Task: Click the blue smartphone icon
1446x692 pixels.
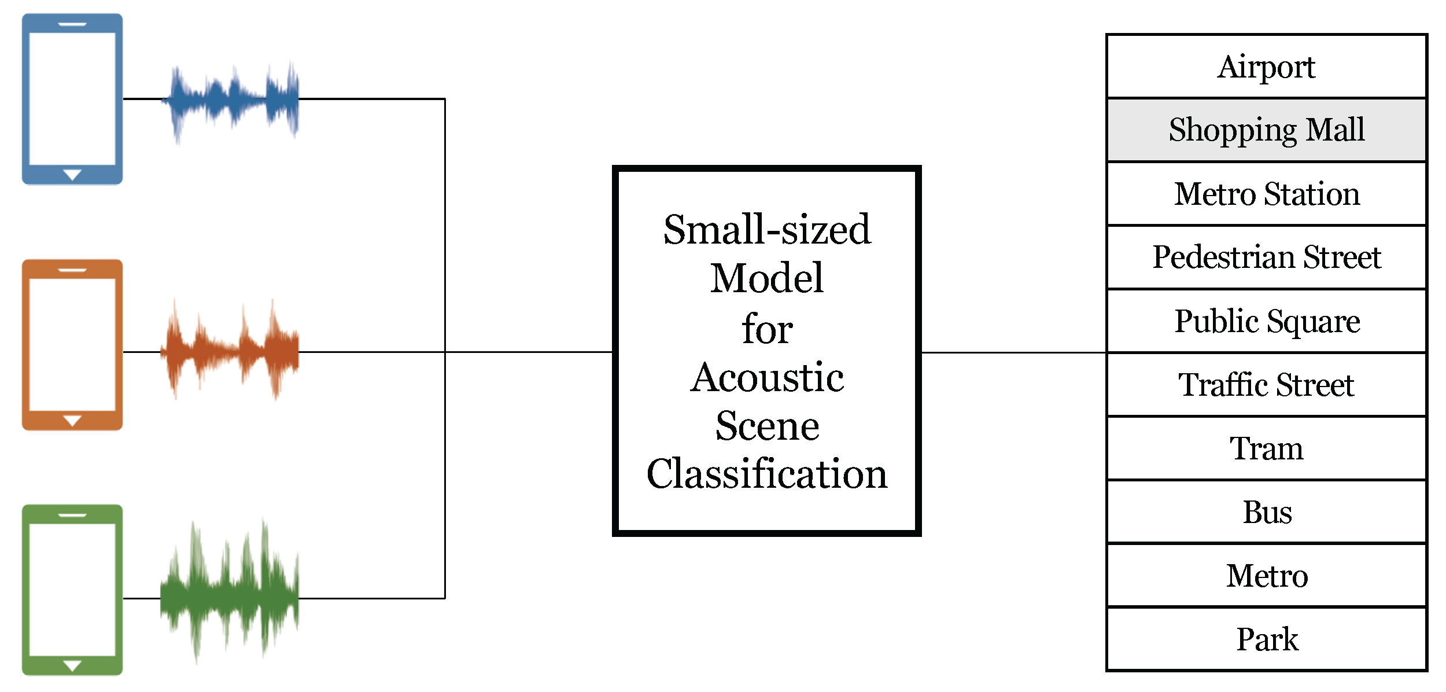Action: (72, 99)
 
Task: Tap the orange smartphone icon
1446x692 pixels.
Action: (72, 345)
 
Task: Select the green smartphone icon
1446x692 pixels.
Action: (72, 590)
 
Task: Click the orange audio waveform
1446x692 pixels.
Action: (231, 351)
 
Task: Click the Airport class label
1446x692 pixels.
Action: (1266, 67)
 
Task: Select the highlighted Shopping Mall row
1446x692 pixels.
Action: (1266, 130)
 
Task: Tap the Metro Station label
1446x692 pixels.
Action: (1266, 194)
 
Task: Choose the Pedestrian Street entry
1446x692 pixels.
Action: (1266, 257)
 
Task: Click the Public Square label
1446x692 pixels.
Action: (1266, 321)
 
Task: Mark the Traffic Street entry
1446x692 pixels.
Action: (1266, 385)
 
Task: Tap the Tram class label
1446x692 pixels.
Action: (1266, 448)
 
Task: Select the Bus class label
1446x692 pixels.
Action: (1266, 512)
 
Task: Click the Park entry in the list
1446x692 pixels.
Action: (1266, 639)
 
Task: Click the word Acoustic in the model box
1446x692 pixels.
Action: (767, 377)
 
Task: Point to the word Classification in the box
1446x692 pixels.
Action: (767, 474)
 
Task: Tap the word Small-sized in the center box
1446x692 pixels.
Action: (767, 230)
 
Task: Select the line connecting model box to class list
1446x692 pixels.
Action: (1012, 352)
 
